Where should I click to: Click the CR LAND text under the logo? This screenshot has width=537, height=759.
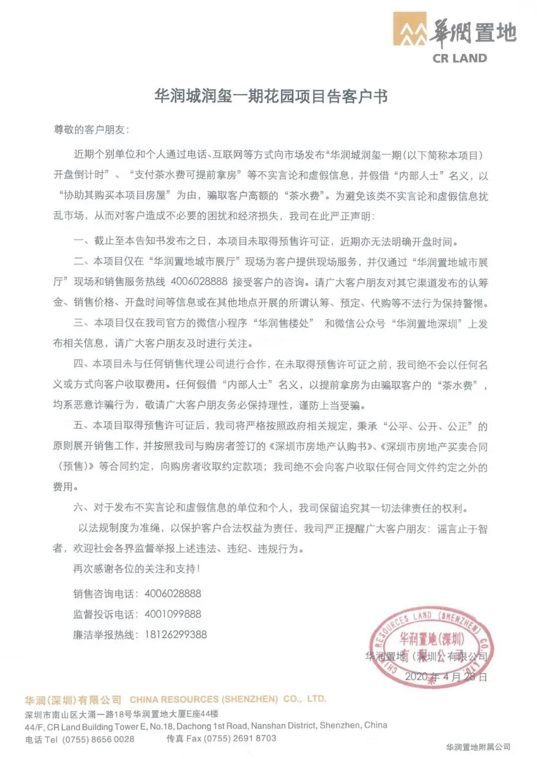[459, 59]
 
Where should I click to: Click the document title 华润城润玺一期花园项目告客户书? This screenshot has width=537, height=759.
[271, 96]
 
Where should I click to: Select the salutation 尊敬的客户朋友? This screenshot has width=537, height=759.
[90, 130]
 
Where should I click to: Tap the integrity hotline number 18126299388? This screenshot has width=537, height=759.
[176, 634]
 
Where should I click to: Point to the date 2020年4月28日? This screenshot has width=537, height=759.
[446, 676]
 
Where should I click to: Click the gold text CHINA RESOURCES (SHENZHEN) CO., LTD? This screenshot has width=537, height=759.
[228, 699]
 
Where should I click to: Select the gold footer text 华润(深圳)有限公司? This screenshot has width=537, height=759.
[73, 700]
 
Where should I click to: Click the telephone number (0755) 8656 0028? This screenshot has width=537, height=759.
[98, 739]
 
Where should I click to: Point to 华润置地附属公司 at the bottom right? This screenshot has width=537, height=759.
[478, 747]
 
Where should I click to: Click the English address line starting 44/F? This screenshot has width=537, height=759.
[206, 726]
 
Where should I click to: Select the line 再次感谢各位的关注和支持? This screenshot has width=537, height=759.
[136, 569]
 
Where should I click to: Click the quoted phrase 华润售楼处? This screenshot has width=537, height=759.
[284, 323]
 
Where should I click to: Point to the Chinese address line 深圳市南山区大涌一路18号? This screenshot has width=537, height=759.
[122, 714]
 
